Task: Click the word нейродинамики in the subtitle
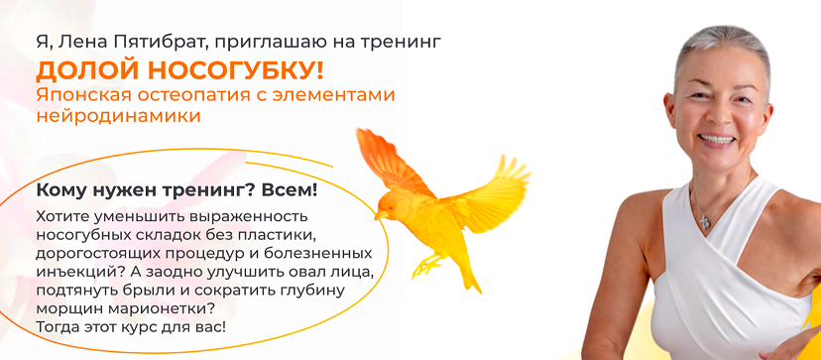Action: (118, 116)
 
